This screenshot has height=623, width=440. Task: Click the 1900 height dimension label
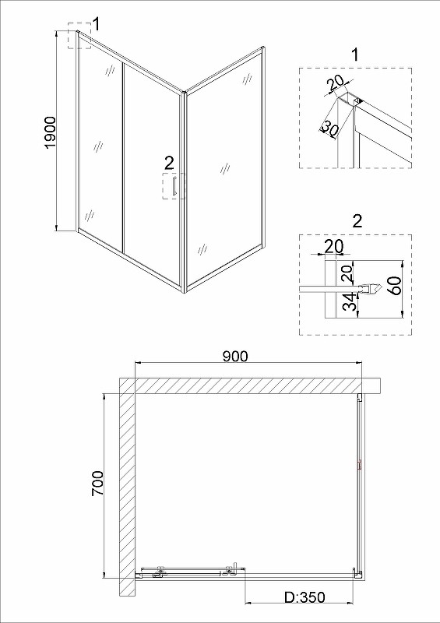51,132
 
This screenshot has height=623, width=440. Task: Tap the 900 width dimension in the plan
235,357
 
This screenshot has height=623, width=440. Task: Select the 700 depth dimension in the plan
97,483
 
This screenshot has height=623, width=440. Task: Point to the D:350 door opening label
304,597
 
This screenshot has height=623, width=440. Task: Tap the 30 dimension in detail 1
329,128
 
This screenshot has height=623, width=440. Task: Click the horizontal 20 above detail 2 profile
334,246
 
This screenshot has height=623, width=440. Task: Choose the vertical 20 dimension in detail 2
347,273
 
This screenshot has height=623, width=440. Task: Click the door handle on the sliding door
174,186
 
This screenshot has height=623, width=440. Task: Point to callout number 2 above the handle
169,163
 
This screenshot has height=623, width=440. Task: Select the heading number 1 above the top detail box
355,55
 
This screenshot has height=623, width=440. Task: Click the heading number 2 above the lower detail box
357,221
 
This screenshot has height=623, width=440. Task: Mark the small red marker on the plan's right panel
360,464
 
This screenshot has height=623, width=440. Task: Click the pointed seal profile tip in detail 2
382,289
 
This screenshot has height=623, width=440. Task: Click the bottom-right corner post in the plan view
357,573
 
